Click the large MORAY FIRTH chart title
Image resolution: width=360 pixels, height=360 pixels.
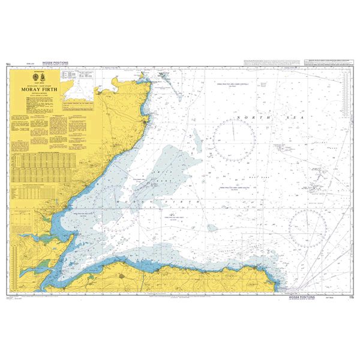point(40,89)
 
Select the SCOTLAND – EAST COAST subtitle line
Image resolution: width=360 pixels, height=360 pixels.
point(40,85)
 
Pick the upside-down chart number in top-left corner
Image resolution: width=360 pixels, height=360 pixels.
point(8,63)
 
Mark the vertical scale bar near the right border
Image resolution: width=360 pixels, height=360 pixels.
point(346,108)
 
